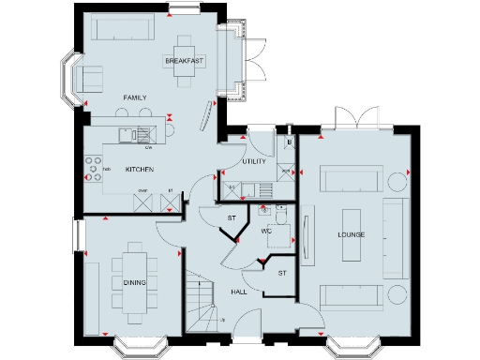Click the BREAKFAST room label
[x=184, y=61]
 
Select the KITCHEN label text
[x=139, y=169]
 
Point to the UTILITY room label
[x=254, y=161]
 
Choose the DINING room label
[x=135, y=281]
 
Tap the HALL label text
[x=239, y=292]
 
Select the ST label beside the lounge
[x=281, y=273]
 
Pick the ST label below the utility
[x=232, y=218]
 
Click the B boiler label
[x=290, y=142]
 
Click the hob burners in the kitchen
[x=94, y=168]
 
